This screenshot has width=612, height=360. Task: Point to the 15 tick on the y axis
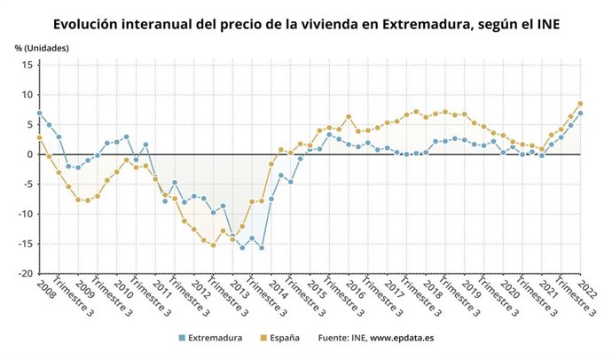tap(27, 65)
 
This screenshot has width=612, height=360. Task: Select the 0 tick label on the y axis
tap(29, 154)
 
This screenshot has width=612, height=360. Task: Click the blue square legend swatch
tap(182, 338)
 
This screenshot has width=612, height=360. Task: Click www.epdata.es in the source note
tap(403, 338)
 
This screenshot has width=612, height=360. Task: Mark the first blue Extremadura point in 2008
tap(39, 113)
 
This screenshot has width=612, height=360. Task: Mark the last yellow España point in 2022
tap(580, 104)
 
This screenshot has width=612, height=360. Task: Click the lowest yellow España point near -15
tap(213, 245)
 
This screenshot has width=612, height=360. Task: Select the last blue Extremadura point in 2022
tap(580, 113)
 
